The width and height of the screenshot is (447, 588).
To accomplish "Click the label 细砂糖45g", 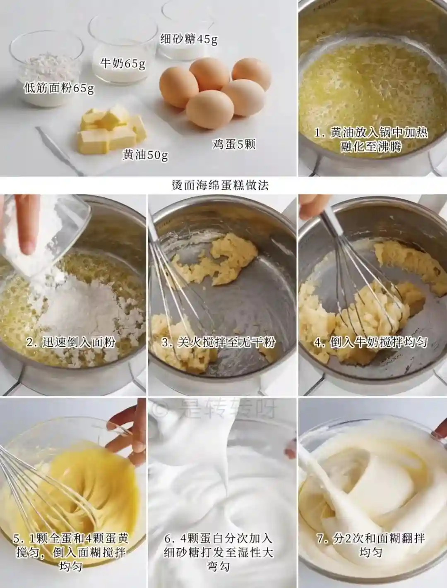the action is (x=189, y=40).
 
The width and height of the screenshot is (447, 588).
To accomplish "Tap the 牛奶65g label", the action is (x=123, y=63).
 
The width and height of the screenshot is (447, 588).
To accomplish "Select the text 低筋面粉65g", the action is (x=59, y=87).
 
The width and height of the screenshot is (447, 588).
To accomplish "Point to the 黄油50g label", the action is (x=145, y=155).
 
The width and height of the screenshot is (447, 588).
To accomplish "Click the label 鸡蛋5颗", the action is (x=234, y=144).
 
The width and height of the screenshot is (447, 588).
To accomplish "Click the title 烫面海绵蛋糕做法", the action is (x=220, y=185).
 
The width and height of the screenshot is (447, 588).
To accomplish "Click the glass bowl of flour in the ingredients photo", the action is (x=47, y=69).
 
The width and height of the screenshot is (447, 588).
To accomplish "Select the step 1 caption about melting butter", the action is (x=371, y=139).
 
